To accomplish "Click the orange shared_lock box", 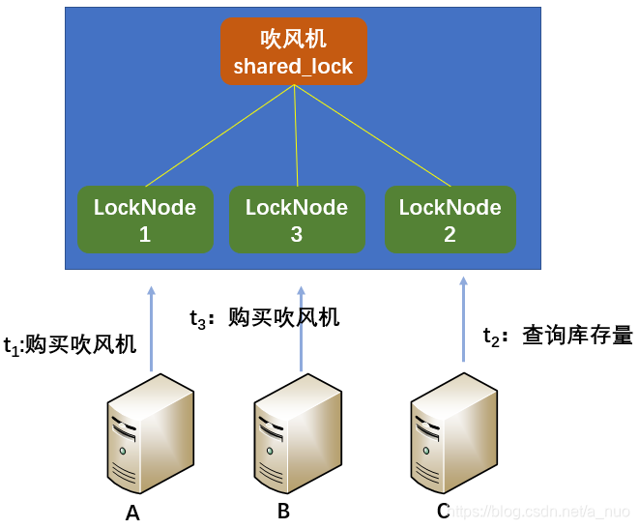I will pyautogui.click(x=293, y=51).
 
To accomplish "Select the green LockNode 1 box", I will pyautogui.click(x=145, y=220).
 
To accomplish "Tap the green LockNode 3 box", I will pyautogui.click(x=297, y=220).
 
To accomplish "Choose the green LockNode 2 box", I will pyautogui.click(x=450, y=220).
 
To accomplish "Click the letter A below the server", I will pyautogui.click(x=132, y=513).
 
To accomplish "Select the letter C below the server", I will pyautogui.click(x=443, y=511).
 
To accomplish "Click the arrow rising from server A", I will pyautogui.click(x=151, y=329).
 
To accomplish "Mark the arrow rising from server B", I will pyautogui.click(x=301, y=329).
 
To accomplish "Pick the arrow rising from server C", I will pyautogui.click(x=463, y=319).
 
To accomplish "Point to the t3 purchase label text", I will pyautogui.click(x=264, y=317).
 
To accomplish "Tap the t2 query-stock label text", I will pyautogui.click(x=558, y=336).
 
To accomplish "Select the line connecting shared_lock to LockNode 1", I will pyautogui.click(x=218, y=136).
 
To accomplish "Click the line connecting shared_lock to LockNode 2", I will pyautogui.click(x=372, y=136).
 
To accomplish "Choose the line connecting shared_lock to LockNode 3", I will pyautogui.click(x=296, y=136).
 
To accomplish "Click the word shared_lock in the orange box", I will pyautogui.click(x=293, y=67).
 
